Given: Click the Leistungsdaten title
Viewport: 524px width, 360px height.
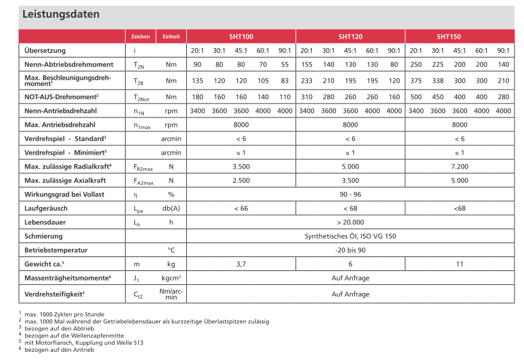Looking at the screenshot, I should [x=61, y=14].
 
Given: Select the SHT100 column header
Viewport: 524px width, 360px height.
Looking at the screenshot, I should [x=241, y=37].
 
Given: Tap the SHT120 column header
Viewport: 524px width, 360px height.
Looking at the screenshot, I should [x=350, y=37].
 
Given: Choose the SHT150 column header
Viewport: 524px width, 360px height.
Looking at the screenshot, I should [x=460, y=37].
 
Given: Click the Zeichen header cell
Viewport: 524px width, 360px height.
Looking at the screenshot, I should [x=140, y=37].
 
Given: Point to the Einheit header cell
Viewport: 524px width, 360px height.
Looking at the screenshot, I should [x=171, y=37].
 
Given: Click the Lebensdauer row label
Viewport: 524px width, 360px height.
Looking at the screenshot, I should [x=45, y=222].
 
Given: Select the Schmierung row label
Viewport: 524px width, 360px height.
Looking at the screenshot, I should [x=44, y=236].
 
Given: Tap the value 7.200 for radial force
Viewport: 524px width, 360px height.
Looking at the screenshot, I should [x=460, y=167].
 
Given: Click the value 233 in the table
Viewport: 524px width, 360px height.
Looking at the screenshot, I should [x=307, y=80].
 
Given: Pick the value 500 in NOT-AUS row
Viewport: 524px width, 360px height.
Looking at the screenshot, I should [x=416, y=97].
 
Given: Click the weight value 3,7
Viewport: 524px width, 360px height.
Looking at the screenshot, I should [x=241, y=264].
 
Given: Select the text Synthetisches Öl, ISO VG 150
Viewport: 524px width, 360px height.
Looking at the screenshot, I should [x=350, y=236].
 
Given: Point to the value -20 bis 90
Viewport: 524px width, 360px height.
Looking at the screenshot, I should [x=350, y=250].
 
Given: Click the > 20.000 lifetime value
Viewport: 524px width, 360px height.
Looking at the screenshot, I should [x=350, y=222].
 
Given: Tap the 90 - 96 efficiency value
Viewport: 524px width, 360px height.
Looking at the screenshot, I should [x=350, y=194].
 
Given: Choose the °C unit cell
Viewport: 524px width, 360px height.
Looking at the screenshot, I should [x=171, y=250].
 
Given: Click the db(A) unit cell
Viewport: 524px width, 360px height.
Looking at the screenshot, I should [x=171, y=208].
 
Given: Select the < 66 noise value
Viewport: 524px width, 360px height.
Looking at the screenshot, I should [x=241, y=208].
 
